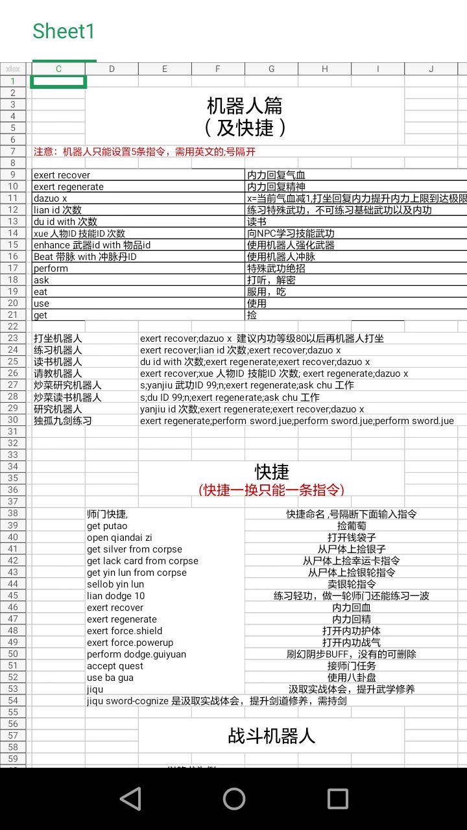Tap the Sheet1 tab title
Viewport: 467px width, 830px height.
64,31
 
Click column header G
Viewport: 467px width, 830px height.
271,69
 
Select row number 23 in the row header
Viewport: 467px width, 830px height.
13,338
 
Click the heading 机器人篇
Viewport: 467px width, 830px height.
245,105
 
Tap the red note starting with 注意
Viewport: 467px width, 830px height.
145,152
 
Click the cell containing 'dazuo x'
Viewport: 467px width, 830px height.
51,198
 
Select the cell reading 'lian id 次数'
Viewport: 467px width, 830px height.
58,210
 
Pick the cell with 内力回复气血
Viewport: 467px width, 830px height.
276,175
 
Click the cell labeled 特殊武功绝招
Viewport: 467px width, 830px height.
276,268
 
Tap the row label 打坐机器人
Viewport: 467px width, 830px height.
58,338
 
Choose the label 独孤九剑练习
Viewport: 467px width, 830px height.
62,420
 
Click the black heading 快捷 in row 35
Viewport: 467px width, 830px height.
272,471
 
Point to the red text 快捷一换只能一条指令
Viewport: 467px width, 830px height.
272,490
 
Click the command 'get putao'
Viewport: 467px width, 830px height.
107,526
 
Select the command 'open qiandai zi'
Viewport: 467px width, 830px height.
119,538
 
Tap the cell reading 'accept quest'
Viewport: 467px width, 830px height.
114,666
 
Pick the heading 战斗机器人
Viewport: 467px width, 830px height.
272,735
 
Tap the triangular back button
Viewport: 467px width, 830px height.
130,799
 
